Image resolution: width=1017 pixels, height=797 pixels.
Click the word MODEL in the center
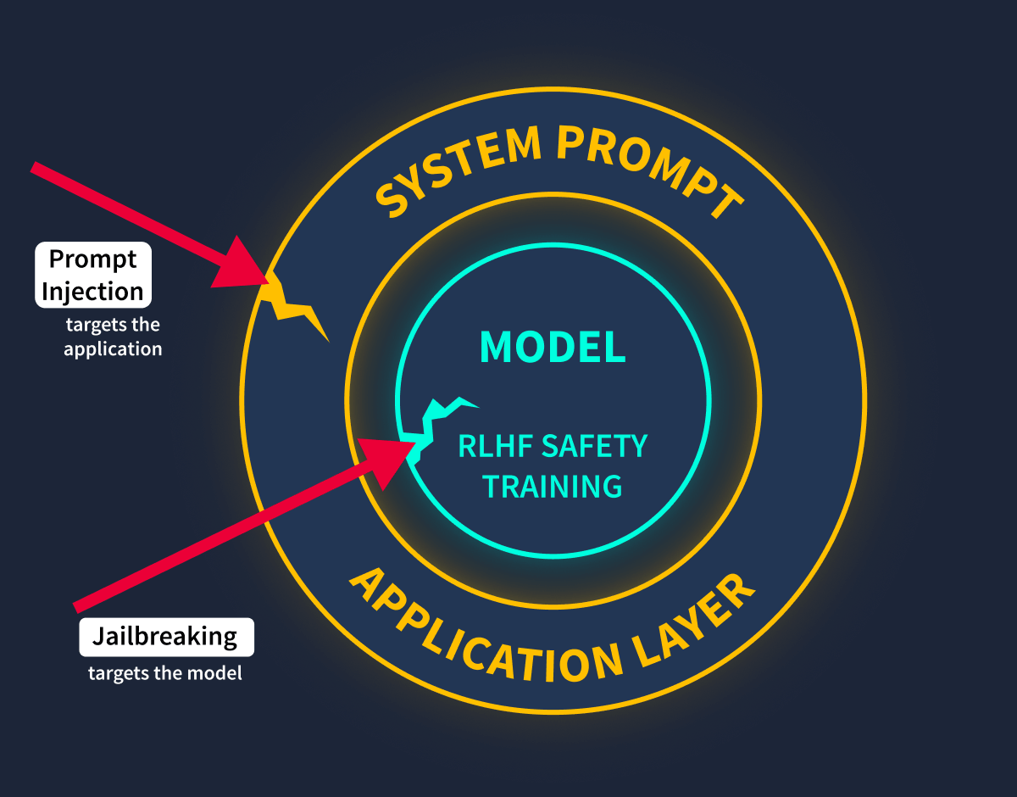[553, 347]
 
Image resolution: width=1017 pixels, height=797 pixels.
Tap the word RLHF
[496, 446]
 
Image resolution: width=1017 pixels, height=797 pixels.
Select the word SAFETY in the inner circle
[594, 446]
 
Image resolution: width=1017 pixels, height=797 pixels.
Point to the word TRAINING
[553, 487]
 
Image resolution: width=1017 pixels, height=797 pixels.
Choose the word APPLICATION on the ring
[486, 637]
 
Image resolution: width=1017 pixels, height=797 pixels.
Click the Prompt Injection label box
[93, 275]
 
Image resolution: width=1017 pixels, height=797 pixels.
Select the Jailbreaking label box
[167, 637]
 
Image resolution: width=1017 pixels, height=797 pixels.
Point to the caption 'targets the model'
[165, 673]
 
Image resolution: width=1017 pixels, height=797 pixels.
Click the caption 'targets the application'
[113, 337]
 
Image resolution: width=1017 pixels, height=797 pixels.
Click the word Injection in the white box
[92, 292]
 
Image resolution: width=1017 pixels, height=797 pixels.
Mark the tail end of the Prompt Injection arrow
[34, 167]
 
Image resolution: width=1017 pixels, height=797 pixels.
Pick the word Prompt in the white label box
[92, 259]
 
